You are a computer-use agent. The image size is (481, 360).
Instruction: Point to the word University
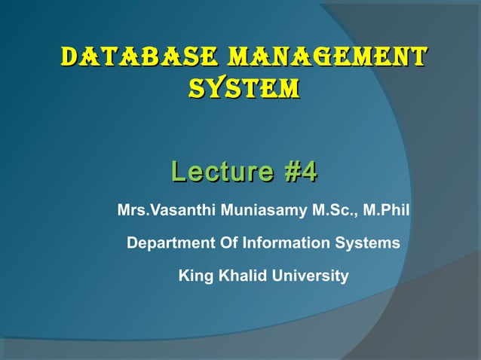311,276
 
